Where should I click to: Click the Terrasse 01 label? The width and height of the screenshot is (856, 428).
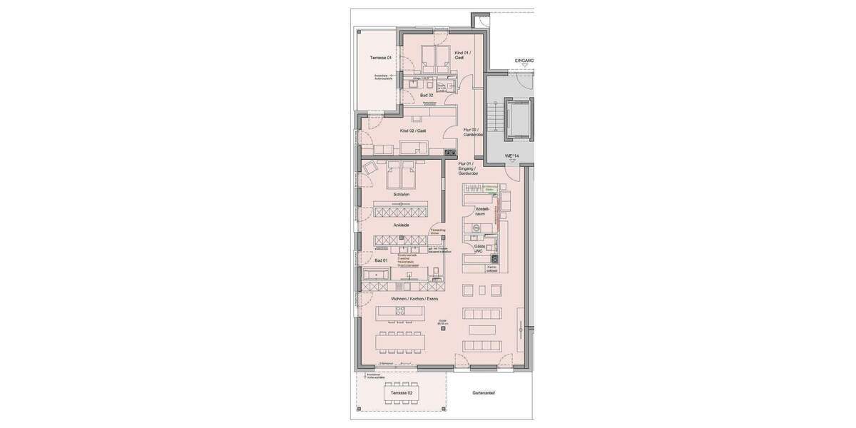[380, 58]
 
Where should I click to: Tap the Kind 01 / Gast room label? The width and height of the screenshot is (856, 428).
[462, 55]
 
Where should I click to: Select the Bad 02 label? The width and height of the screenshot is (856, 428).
[427, 95]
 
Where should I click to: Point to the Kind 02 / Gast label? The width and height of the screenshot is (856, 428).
[413, 131]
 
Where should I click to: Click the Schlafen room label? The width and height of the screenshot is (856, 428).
[401, 194]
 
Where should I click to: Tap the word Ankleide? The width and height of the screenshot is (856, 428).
[401, 225]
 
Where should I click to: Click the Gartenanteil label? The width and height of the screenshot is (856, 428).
[484, 393]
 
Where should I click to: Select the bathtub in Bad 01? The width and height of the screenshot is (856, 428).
[375, 274]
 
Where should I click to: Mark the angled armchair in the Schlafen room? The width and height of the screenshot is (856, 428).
[370, 169]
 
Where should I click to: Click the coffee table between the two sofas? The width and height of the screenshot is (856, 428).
[481, 330]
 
